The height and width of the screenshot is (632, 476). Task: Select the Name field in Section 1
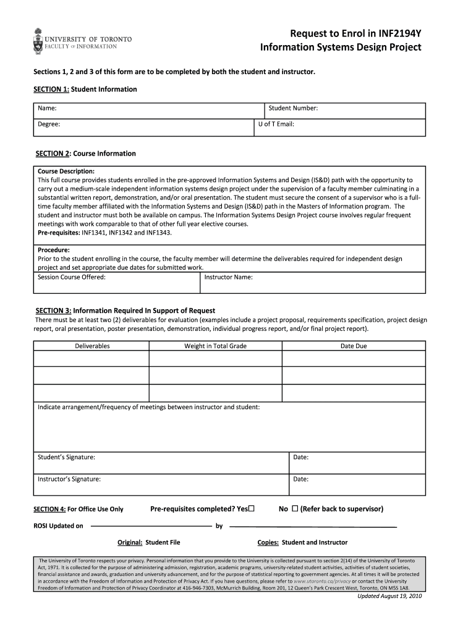tap(148, 109)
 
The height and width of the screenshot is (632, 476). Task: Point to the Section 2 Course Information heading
tap(86, 154)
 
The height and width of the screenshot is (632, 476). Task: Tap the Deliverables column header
tap(92, 346)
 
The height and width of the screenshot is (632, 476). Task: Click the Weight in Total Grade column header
tap(215, 346)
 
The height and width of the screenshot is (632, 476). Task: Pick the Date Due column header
tap(354, 346)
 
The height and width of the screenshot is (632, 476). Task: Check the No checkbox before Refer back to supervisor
tap(295, 509)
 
